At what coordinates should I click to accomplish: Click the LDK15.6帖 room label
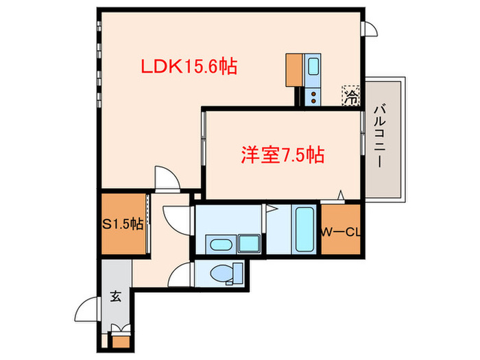[x=189, y=67]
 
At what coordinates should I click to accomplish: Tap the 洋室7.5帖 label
[x=283, y=155]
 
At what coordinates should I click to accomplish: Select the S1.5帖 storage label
[x=123, y=224]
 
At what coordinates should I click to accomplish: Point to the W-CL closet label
[x=340, y=232]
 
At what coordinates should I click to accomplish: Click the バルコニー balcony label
[x=380, y=136]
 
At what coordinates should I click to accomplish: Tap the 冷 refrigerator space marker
[x=351, y=96]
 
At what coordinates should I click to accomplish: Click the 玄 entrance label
[x=116, y=296]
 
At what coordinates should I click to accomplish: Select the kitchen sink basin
[x=313, y=67]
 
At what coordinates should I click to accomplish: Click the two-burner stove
[x=313, y=97]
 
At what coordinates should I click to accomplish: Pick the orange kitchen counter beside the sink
[x=294, y=70]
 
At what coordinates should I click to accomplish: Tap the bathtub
[x=304, y=229]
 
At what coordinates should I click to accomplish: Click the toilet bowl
[x=220, y=273]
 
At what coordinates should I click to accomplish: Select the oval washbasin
[x=220, y=244]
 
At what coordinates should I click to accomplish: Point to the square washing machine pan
[x=249, y=243]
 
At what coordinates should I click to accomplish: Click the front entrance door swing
[x=87, y=309]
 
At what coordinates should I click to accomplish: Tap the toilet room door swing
[x=180, y=274]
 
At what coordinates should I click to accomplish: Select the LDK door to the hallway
[x=167, y=178]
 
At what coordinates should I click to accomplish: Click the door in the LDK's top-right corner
[x=370, y=29]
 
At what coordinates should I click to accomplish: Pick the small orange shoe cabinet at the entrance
[x=121, y=341]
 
